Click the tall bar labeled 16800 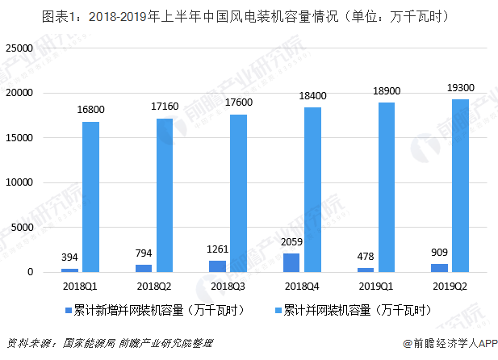click(x=91, y=196)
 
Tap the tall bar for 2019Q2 click(x=460, y=185)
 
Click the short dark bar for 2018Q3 click(x=219, y=266)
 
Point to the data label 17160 click(x=165, y=106)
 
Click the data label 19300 click(x=461, y=86)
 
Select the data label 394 click(x=70, y=257)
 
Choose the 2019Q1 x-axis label click(x=377, y=287)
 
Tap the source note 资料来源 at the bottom click(x=110, y=344)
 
